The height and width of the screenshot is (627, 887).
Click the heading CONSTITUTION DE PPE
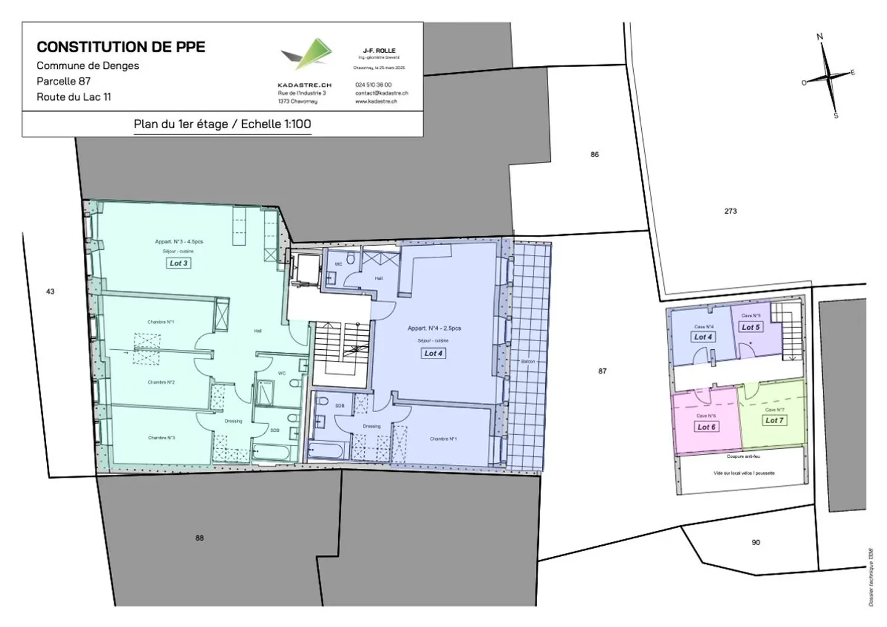(121, 47)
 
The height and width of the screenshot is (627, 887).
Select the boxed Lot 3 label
(179, 263)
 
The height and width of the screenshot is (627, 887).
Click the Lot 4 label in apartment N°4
(433, 354)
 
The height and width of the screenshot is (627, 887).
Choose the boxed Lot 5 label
(750, 327)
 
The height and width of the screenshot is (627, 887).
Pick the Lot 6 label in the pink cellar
(706, 427)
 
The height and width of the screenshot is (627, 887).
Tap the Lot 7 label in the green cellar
(774, 420)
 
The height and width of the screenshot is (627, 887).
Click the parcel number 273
(731, 211)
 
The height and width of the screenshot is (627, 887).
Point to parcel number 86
(594, 155)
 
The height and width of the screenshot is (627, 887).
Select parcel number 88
(200, 538)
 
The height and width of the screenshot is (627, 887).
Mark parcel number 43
(51, 291)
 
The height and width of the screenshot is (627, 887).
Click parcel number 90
(756, 543)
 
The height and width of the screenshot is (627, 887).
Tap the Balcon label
(528, 362)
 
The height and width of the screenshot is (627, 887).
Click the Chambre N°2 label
(161, 382)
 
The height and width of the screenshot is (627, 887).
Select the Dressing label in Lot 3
(233, 421)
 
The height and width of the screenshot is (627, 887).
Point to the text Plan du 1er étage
(180, 124)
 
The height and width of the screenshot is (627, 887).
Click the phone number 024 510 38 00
(373, 85)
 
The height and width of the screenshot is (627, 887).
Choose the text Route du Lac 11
(74, 97)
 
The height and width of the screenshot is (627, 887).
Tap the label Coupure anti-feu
(743, 457)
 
